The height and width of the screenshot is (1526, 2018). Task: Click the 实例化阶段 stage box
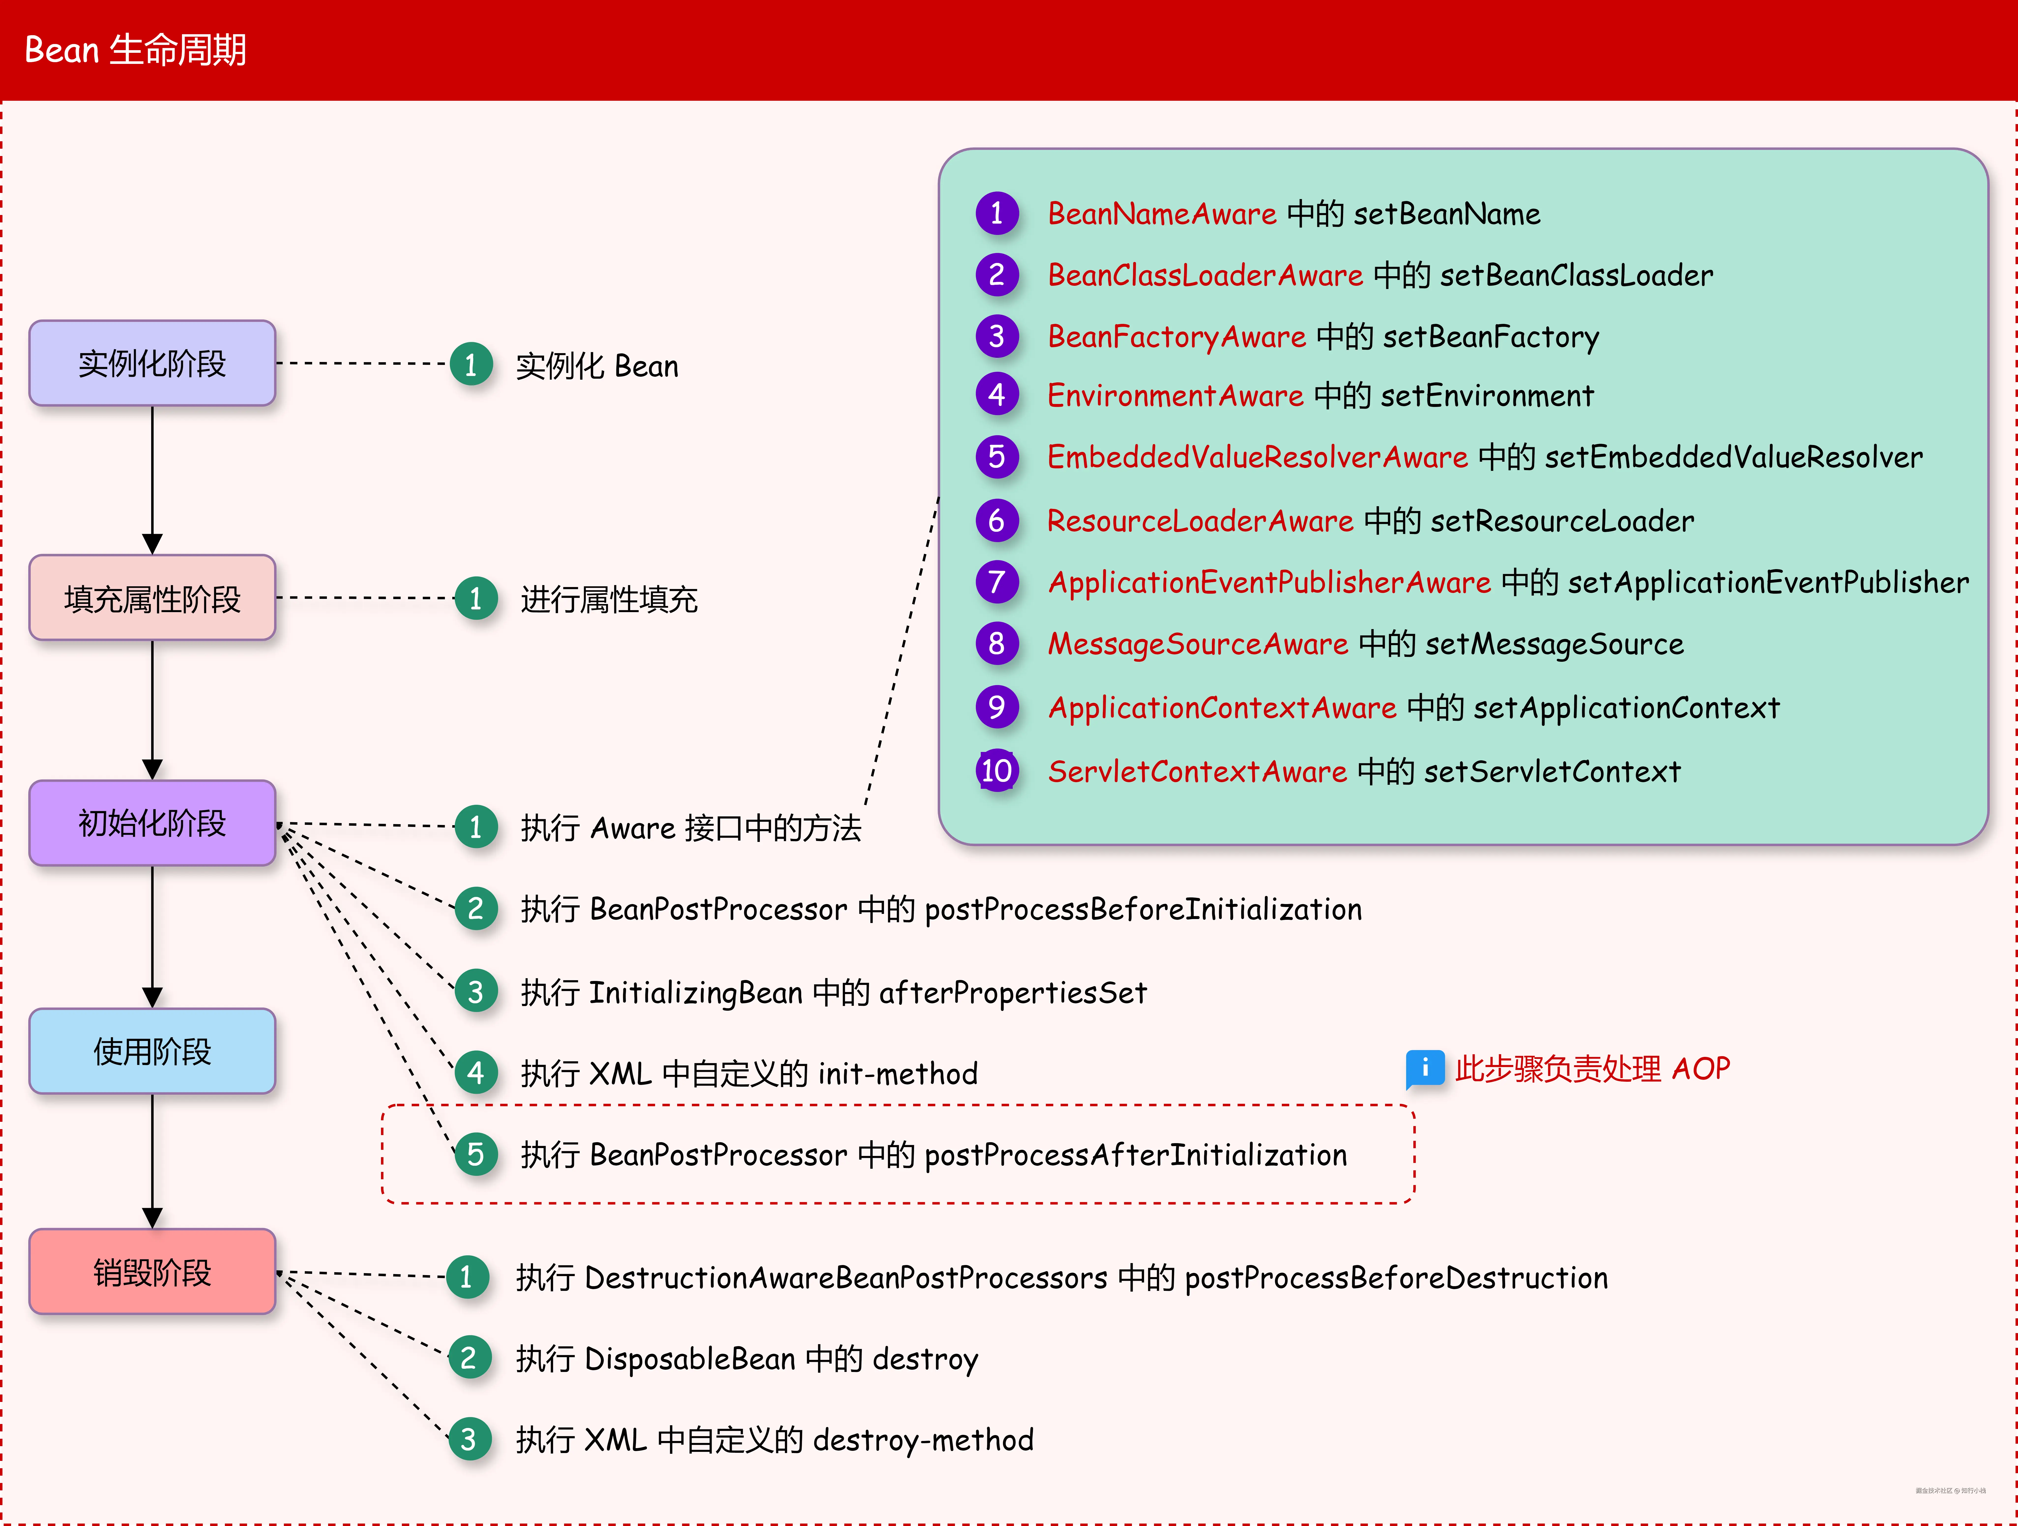[x=152, y=363]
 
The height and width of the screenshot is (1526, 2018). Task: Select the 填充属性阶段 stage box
[x=152, y=598]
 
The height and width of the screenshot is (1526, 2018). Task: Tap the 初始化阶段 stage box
[x=152, y=823]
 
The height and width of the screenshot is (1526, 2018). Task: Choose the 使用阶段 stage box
[x=152, y=1051]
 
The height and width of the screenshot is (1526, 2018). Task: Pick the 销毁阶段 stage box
[x=152, y=1271]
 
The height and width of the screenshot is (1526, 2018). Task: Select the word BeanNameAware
[x=1161, y=214]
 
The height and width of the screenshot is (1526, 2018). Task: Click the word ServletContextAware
[x=1197, y=772]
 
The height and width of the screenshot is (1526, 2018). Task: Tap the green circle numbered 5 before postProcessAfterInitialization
[x=475, y=1154]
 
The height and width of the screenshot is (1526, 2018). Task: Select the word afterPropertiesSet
[x=1013, y=993]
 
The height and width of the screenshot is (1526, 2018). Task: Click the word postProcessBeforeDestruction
[x=1396, y=1278]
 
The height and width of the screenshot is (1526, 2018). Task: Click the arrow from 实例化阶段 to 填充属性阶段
[x=152, y=479]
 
